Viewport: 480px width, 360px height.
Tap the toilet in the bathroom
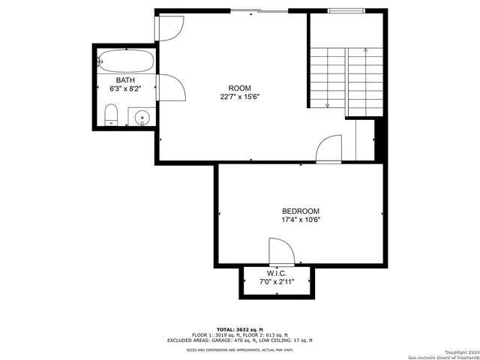click(x=111, y=115)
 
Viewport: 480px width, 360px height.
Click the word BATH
click(x=125, y=79)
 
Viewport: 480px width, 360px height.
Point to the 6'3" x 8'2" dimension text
click(x=125, y=88)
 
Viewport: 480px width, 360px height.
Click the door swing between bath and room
click(x=172, y=88)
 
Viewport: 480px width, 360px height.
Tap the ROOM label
click(x=240, y=88)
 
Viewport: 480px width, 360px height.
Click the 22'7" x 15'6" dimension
click(x=240, y=97)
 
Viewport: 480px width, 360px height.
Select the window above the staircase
click(x=346, y=11)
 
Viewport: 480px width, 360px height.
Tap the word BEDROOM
click(x=301, y=211)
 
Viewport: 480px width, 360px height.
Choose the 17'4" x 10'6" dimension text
click(x=301, y=220)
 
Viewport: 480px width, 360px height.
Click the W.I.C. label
click(x=277, y=273)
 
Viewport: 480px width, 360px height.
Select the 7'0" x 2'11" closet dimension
click(x=277, y=282)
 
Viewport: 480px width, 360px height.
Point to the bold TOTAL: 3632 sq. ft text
click(x=239, y=329)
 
